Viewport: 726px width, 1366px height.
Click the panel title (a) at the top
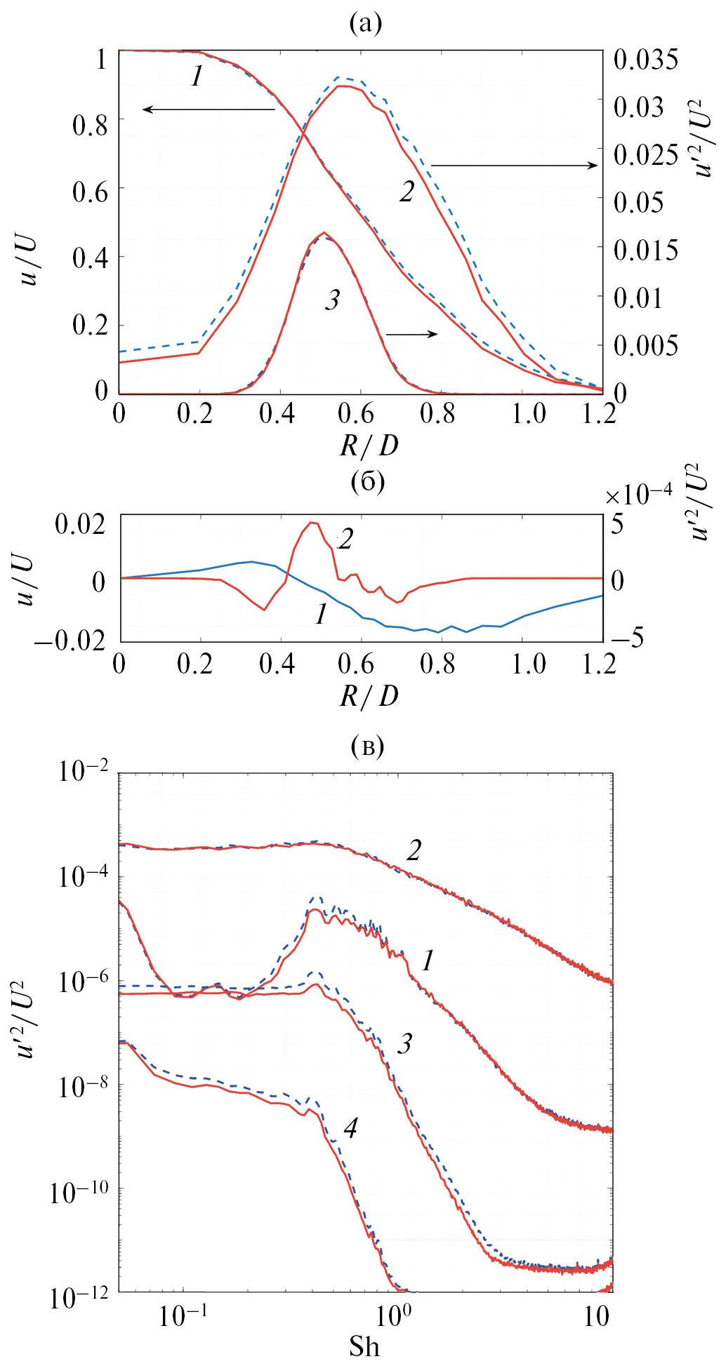click(x=365, y=25)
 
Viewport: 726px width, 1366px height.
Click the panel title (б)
click(x=367, y=483)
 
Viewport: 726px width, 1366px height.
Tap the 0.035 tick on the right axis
click(x=645, y=60)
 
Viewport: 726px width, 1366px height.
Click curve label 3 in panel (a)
click(x=332, y=300)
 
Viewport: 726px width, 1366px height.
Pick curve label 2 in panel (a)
click(x=407, y=192)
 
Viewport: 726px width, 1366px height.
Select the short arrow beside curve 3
click(x=411, y=334)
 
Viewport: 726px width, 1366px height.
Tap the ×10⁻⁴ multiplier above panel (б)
click(x=638, y=493)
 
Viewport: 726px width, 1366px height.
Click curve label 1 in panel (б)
click(x=321, y=615)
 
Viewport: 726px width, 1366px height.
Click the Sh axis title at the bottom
click(x=364, y=1346)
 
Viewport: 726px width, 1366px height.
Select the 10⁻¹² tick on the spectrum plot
click(x=79, y=1297)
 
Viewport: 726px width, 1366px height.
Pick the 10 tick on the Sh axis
click(x=596, y=1317)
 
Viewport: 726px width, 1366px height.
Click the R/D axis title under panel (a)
click(x=369, y=446)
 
